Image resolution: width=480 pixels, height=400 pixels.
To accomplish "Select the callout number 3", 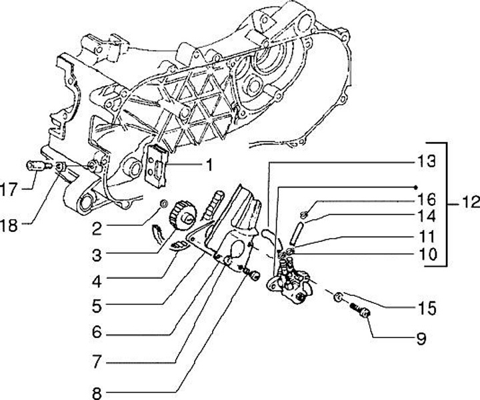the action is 97,254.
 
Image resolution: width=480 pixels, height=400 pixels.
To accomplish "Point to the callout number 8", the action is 97,390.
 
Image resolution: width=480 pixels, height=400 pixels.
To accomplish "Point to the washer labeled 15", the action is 339,297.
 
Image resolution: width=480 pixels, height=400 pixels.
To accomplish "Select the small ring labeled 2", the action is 162,203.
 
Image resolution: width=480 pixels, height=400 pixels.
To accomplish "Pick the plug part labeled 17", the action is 37,166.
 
